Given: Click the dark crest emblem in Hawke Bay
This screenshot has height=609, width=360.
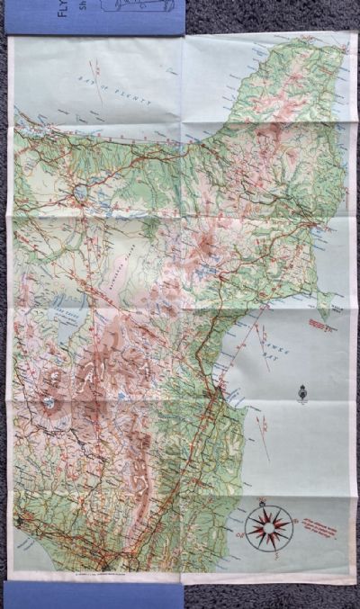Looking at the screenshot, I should [x=302, y=392].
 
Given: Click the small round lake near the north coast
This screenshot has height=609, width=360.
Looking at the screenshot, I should [x=82, y=191].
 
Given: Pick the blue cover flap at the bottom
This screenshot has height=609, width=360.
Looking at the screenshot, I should [x=94, y=595].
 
